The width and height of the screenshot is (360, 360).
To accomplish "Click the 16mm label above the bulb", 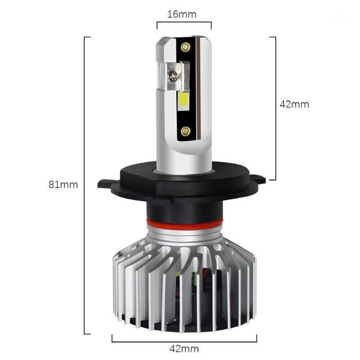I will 184,13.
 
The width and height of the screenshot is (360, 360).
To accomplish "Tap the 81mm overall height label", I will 63,184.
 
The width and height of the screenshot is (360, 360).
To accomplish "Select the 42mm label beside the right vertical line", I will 295,104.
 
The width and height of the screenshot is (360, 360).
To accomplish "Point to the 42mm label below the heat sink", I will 184,348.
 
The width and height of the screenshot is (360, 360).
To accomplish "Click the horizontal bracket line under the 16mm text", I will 184,23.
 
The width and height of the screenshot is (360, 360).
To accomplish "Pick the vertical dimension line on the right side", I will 275,108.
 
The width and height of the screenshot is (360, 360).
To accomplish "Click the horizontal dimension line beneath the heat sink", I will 184,336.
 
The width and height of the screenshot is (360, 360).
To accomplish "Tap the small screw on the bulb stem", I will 173,76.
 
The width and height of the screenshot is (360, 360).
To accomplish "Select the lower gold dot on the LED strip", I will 185,130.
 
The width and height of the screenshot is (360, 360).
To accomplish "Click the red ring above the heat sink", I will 184,224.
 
